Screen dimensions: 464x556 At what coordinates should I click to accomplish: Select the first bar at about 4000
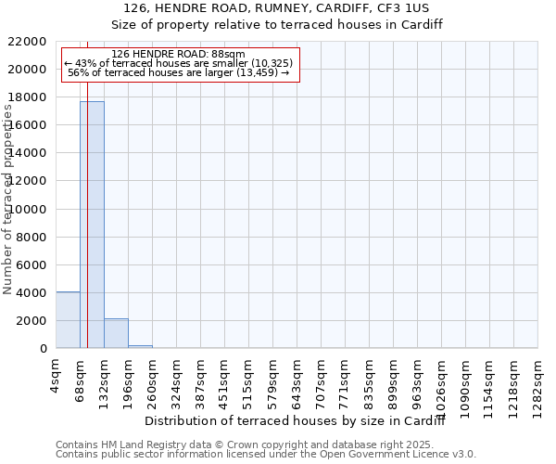point(68,320)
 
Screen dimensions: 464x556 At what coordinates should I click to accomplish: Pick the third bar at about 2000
point(116,333)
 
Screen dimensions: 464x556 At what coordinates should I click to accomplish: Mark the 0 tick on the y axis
point(43,349)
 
